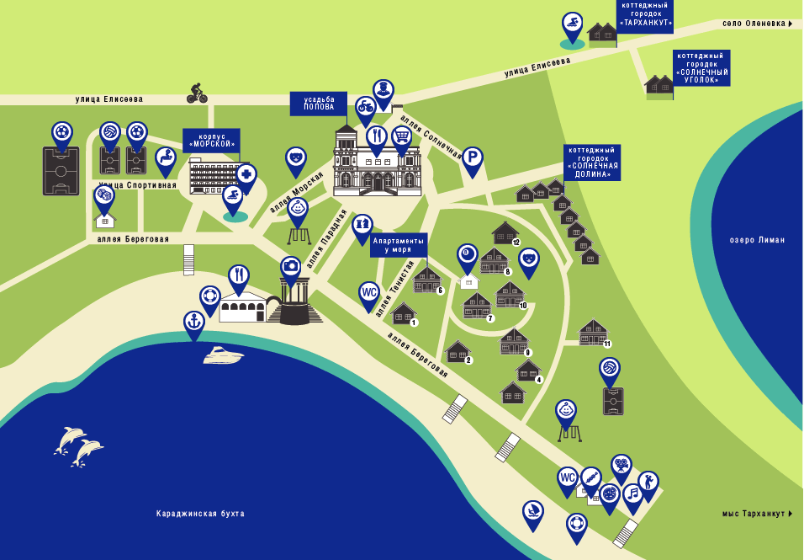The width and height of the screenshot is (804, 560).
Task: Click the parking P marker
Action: click(x=473, y=161)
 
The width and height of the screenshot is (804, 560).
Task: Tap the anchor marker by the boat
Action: click(x=193, y=325)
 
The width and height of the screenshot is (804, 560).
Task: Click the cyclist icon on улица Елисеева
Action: click(x=197, y=93)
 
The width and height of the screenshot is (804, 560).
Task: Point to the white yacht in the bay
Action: click(x=223, y=355)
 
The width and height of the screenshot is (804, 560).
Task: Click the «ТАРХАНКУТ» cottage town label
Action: click(x=645, y=15)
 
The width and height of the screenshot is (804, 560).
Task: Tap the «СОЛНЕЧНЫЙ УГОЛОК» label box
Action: click(x=701, y=67)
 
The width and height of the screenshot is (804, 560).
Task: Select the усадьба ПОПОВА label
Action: click(x=319, y=104)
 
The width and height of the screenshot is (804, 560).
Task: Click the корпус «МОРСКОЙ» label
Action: click(x=211, y=141)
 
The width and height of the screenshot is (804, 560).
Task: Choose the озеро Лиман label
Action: click(x=757, y=240)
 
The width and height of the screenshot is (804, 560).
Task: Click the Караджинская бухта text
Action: click(x=200, y=514)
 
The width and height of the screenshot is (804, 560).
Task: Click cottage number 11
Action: click(x=595, y=333)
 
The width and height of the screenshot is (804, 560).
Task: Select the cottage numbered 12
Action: click(x=506, y=233)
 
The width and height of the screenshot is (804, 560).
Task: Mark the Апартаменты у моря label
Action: click(x=399, y=245)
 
